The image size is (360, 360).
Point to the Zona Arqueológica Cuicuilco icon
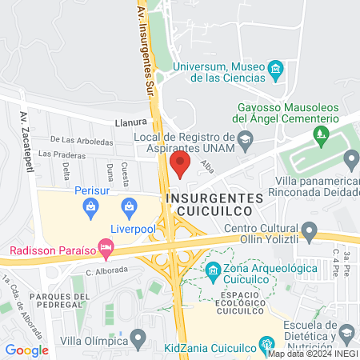click(214, 269)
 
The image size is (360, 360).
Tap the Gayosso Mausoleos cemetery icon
click(322, 133)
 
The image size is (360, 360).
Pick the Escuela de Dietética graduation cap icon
click(346, 330)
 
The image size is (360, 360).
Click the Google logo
click(27, 350)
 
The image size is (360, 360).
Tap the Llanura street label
click(131, 122)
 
